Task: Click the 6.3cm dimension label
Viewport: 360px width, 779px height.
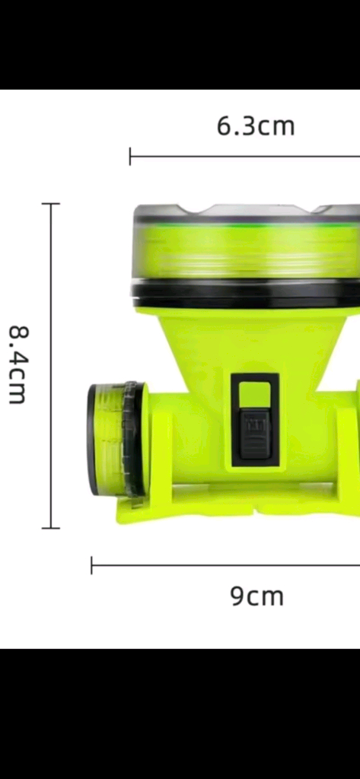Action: [256, 127]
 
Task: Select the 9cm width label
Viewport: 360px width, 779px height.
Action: [256, 596]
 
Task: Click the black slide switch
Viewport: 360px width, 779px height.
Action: [253, 433]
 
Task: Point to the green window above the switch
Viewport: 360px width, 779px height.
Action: [254, 396]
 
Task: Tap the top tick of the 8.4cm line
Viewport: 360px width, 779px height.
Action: [51, 204]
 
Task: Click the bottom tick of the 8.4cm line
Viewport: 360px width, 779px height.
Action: [51, 528]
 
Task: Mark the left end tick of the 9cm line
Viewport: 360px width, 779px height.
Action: [91, 565]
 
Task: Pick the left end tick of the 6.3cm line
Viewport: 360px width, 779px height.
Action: [130, 157]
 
